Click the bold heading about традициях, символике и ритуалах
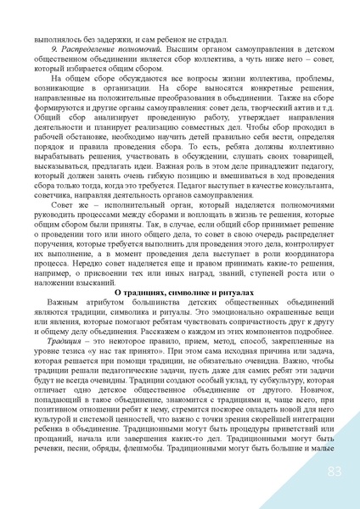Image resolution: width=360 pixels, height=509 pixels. pos(180,291)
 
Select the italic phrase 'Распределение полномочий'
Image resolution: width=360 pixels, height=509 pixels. pos(88,51)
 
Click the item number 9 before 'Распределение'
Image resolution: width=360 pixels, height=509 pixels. pos(55,51)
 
